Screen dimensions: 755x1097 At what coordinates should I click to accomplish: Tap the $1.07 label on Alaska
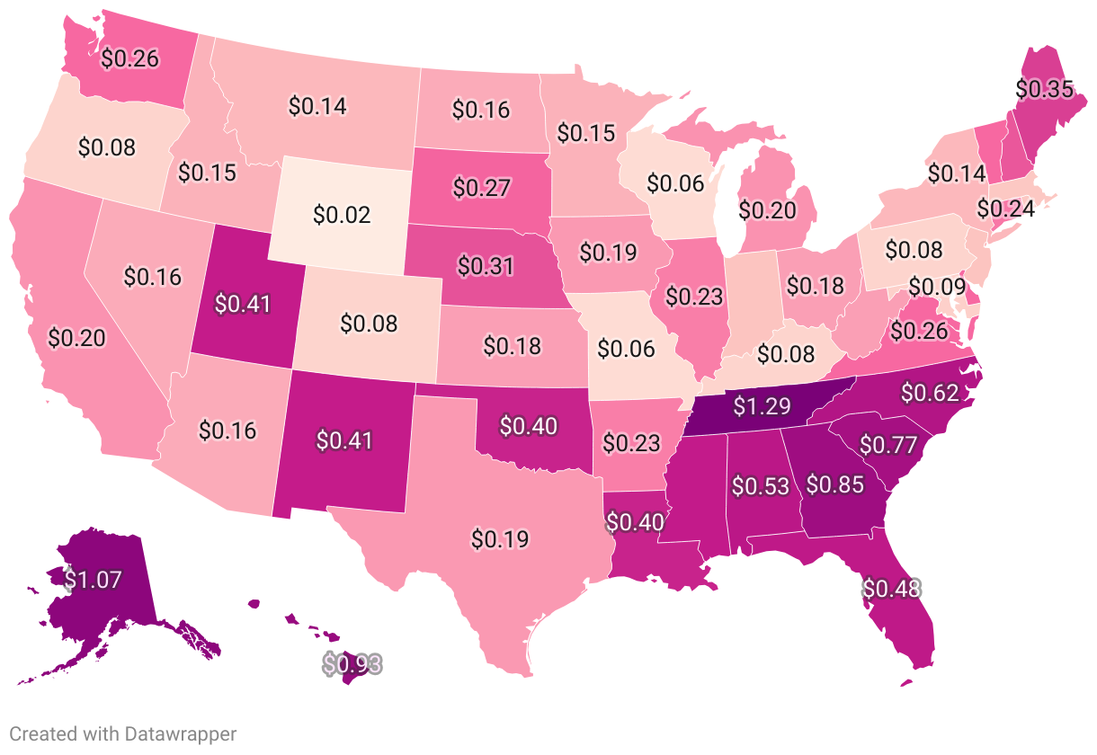pos(91,580)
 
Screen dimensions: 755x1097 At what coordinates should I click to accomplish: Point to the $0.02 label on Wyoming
pos(343,215)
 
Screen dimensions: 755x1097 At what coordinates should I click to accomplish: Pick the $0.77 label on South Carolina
pos(887,444)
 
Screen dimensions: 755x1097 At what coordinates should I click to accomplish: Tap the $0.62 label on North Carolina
pos(930,392)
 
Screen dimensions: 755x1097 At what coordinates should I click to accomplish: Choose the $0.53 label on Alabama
pos(761,486)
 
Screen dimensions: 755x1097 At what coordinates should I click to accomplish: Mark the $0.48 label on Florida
pos(892,588)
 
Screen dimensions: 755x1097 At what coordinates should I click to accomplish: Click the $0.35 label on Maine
pos(1044,89)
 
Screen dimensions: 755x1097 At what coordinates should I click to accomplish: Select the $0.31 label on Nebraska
pos(486,266)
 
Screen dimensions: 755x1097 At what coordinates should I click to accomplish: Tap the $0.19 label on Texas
pos(500,539)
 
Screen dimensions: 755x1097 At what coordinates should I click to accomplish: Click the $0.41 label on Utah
pos(243,303)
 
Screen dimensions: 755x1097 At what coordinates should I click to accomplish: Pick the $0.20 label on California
pos(76,338)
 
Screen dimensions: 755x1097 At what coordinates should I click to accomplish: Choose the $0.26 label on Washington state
pos(129,58)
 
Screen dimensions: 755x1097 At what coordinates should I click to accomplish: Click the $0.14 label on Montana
pos(317,105)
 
